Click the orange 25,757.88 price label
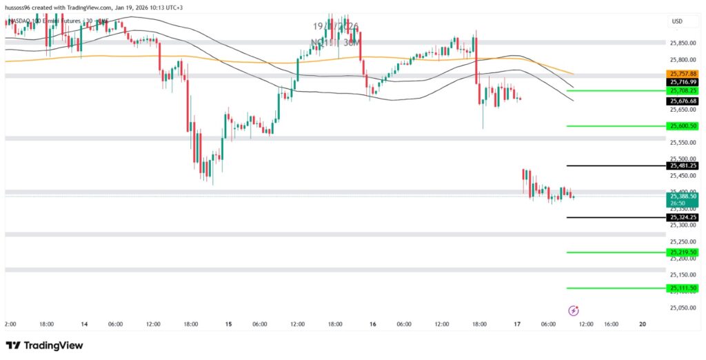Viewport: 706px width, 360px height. point(682,73)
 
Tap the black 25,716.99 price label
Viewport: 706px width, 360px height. point(682,81)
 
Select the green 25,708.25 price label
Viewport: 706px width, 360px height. point(682,90)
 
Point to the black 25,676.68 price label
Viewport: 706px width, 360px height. point(682,101)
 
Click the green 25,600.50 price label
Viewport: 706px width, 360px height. point(682,126)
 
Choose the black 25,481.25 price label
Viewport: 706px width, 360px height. point(682,166)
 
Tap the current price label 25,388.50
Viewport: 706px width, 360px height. point(682,197)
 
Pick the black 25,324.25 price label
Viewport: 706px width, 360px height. point(682,217)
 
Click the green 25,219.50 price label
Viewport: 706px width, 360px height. point(682,252)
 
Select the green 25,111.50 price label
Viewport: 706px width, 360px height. point(682,288)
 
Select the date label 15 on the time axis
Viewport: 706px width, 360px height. point(228,323)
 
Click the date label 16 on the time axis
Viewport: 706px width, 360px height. point(372,323)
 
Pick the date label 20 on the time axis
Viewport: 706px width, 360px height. point(643,323)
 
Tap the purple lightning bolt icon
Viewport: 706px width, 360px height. point(573,311)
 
